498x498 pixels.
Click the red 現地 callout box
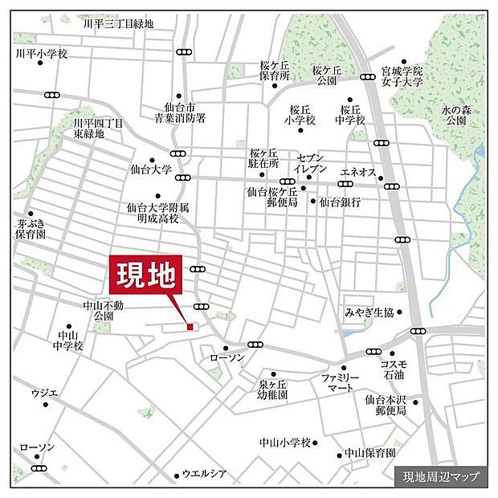tap(146, 277)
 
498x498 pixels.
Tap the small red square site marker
tap(190, 327)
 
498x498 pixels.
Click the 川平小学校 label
tap(42, 54)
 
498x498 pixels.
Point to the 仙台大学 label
tap(150, 169)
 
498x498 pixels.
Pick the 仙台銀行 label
tap(340, 202)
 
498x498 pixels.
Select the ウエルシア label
tap(206, 474)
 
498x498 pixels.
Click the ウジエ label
tap(45, 392)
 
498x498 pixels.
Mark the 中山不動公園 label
tap(104, 310)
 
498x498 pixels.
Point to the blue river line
tap(458, 241)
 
